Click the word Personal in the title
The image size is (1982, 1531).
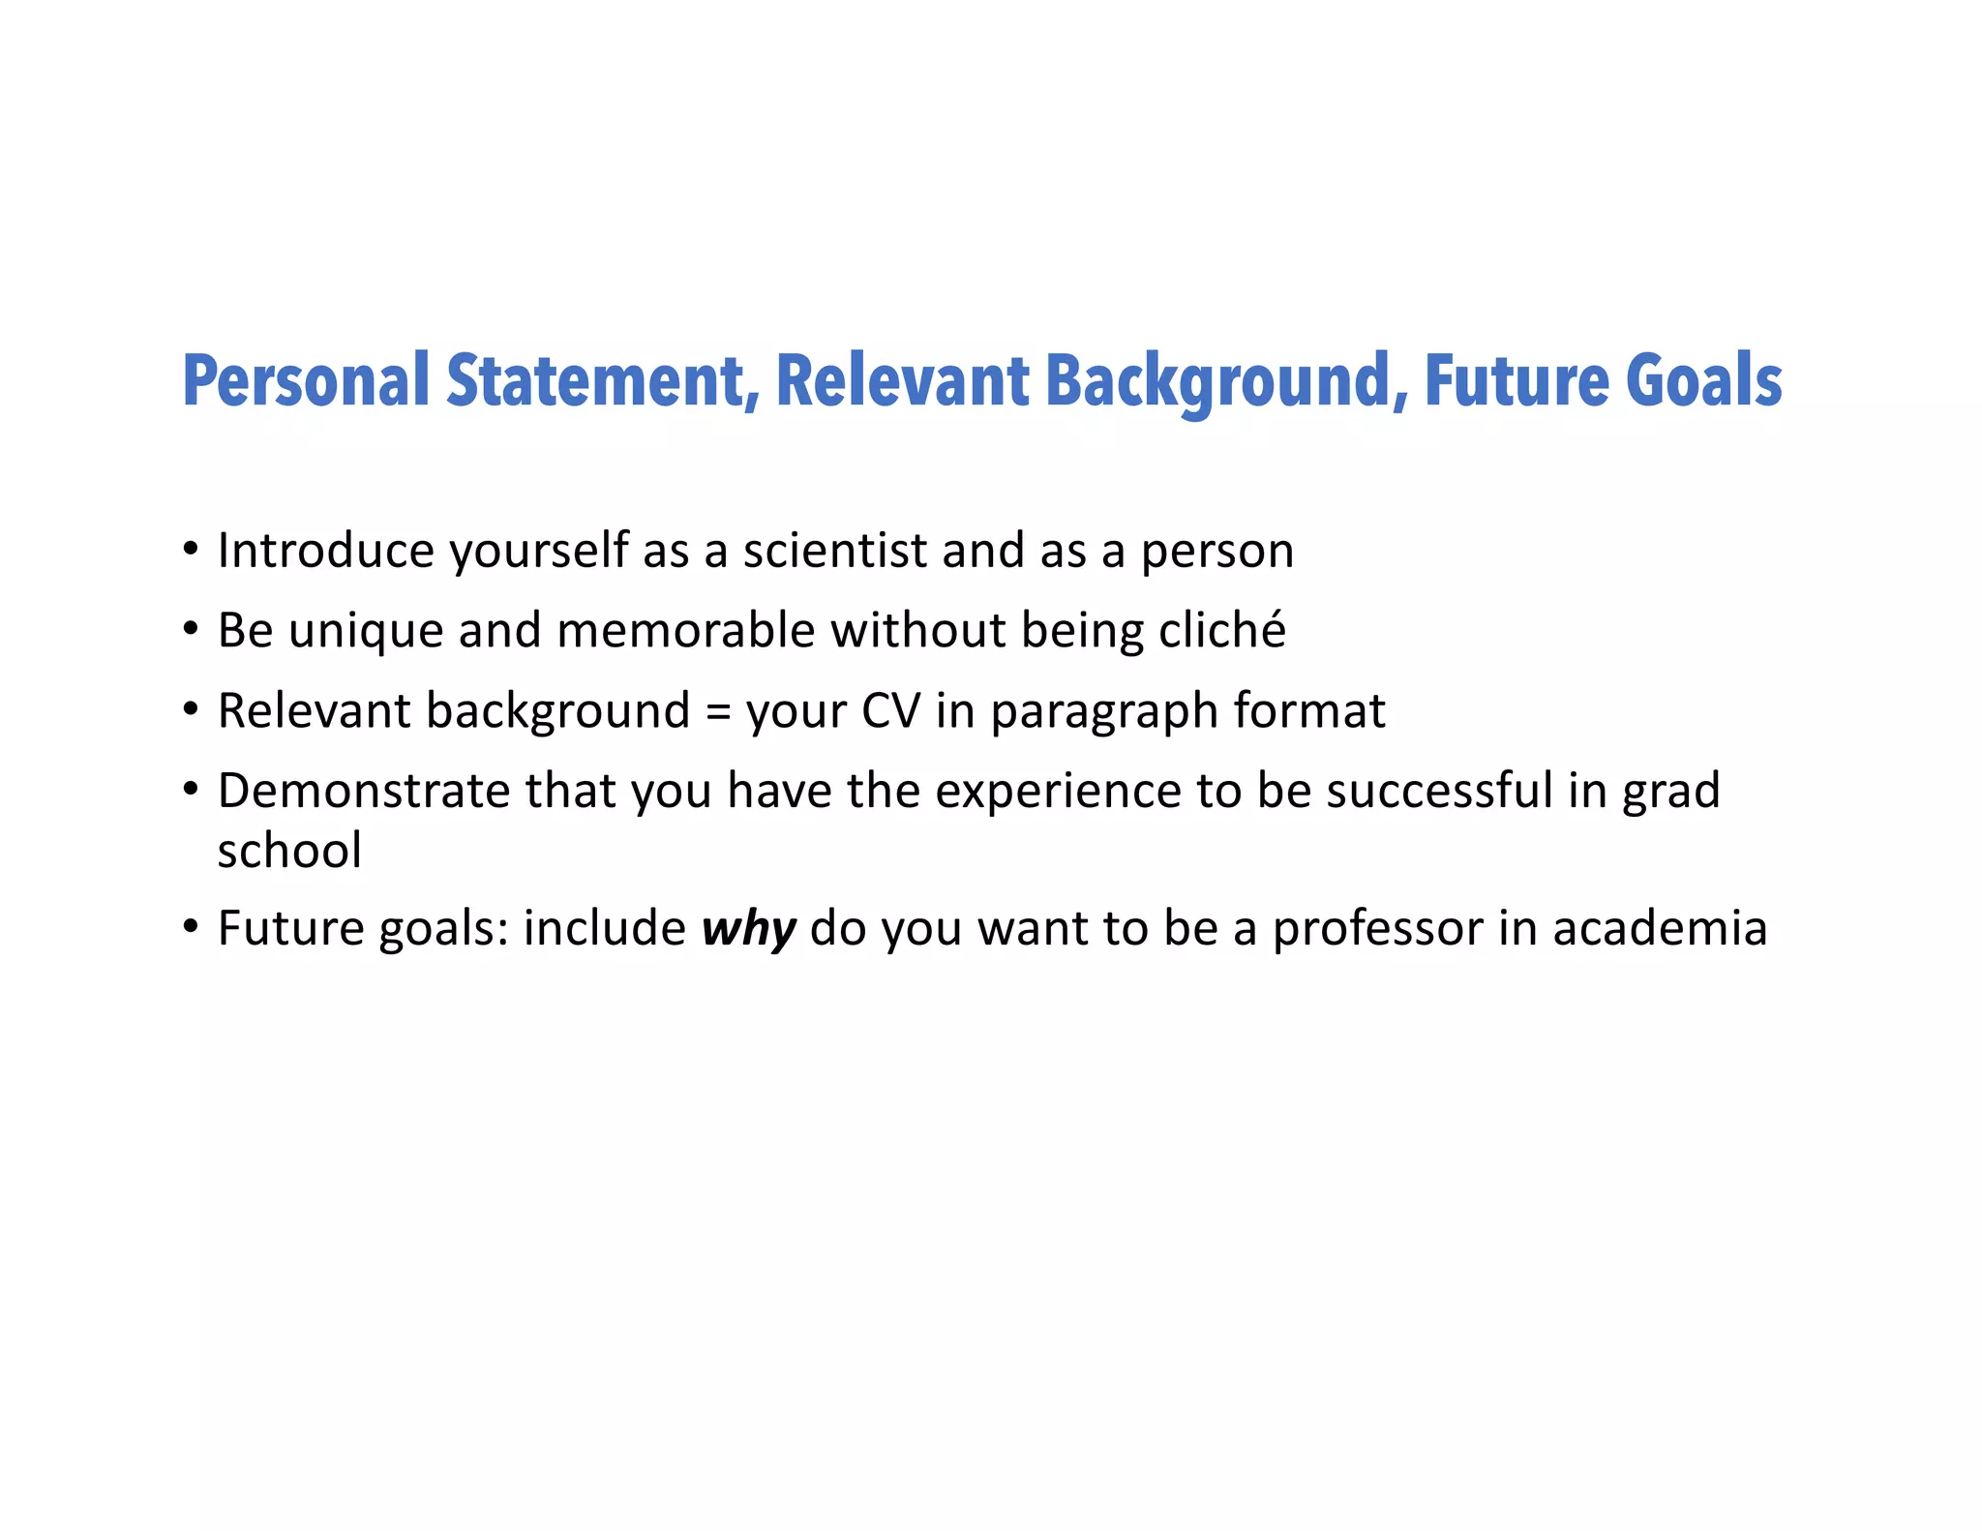click(306, 381)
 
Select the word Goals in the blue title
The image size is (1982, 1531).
click(1703, 381)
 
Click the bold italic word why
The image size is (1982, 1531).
click(748, 929)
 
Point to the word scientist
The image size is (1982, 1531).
click(835, 551)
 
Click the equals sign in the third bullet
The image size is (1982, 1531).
click(717, 712)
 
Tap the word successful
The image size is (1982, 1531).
click(1439, 791)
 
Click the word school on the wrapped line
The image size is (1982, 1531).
click(289, 851)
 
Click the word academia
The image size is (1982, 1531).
click(1660, 928)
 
